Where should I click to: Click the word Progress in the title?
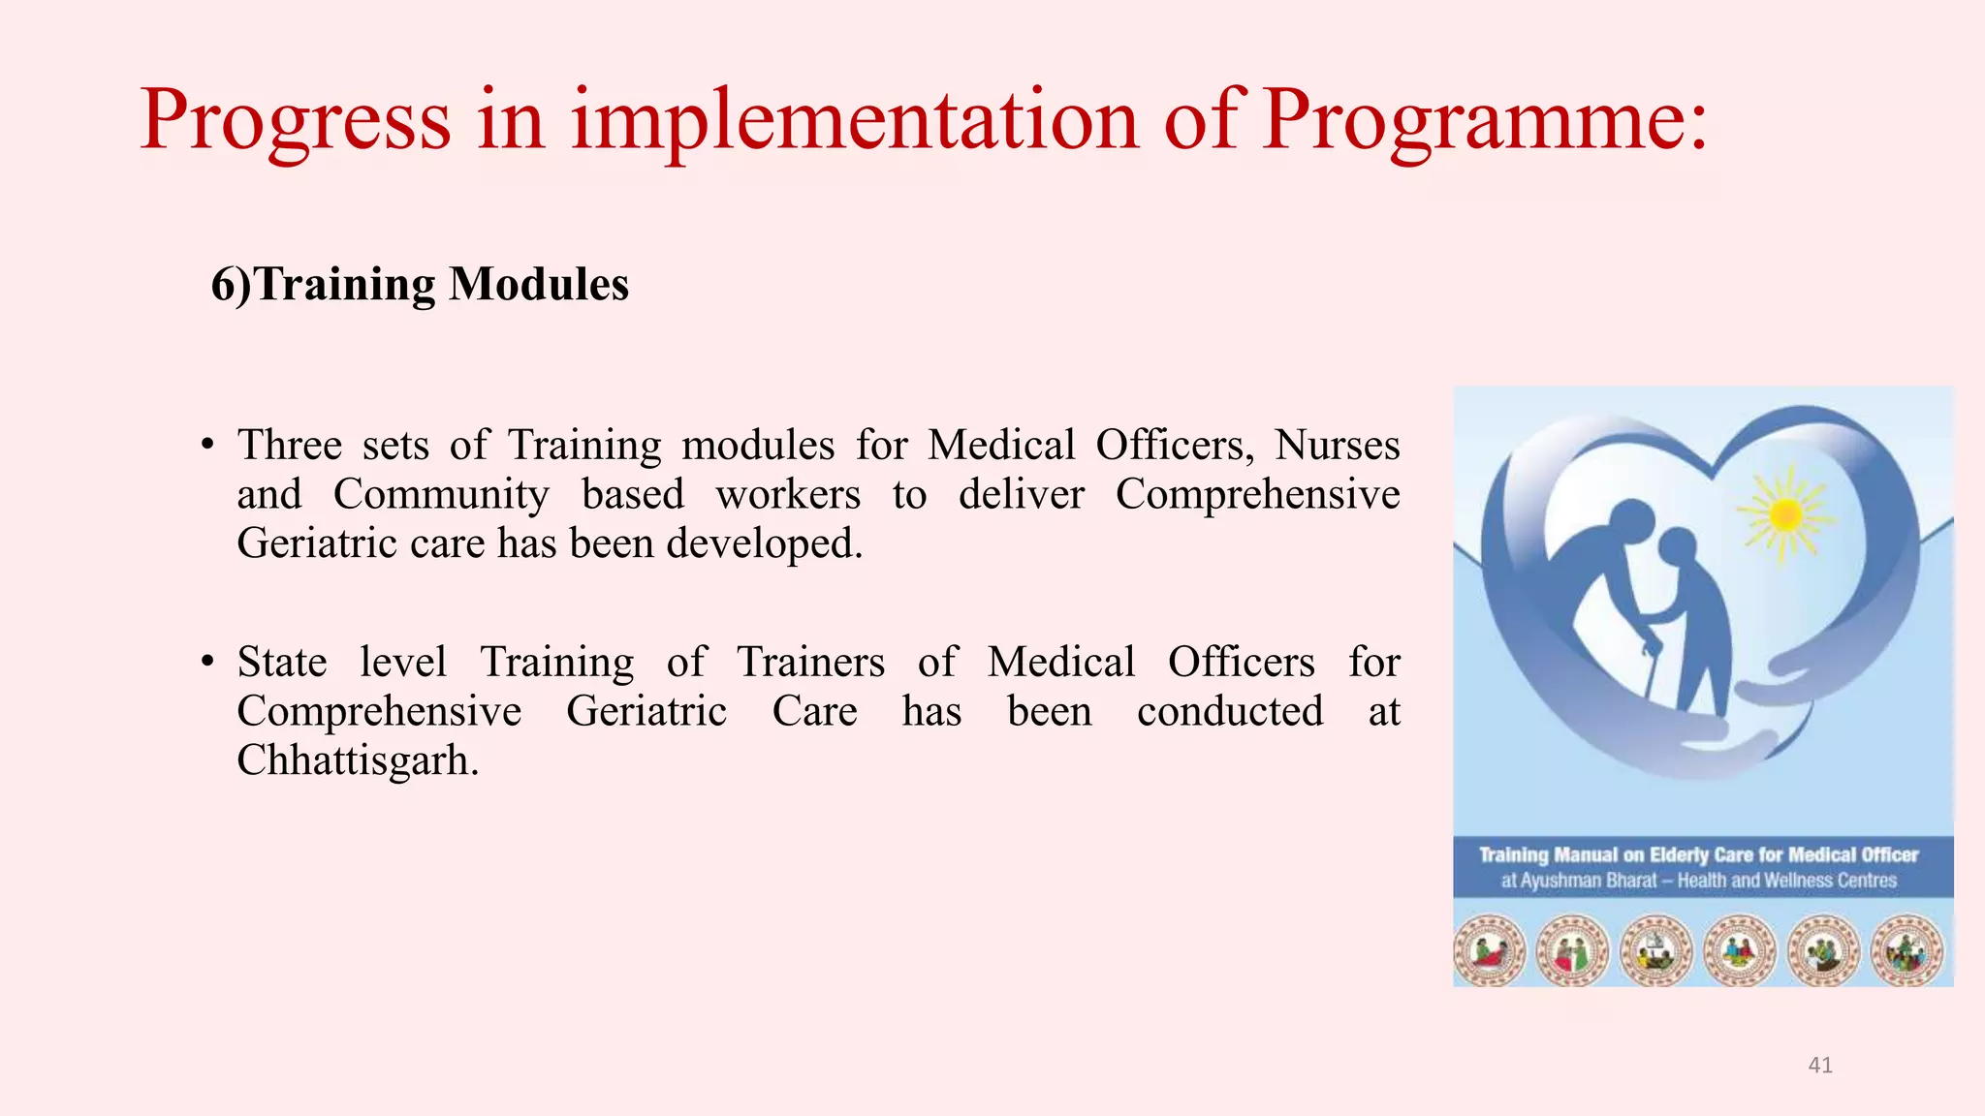point(296,121)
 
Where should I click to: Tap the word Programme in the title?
point(1473,121)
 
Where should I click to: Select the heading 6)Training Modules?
point(420,285)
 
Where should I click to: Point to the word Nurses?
point(1338,446)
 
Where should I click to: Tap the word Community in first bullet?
point(441,495)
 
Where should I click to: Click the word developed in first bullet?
point(764,543)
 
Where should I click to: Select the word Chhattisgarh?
point(358,760)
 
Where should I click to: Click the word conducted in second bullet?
point(1230,712)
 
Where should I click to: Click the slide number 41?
point(1820,1066)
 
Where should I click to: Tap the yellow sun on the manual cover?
point(1785,515)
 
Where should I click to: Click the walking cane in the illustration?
point(1648,668)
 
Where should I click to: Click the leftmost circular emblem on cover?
point(1490,950)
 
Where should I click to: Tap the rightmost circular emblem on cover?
point(1906,950)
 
